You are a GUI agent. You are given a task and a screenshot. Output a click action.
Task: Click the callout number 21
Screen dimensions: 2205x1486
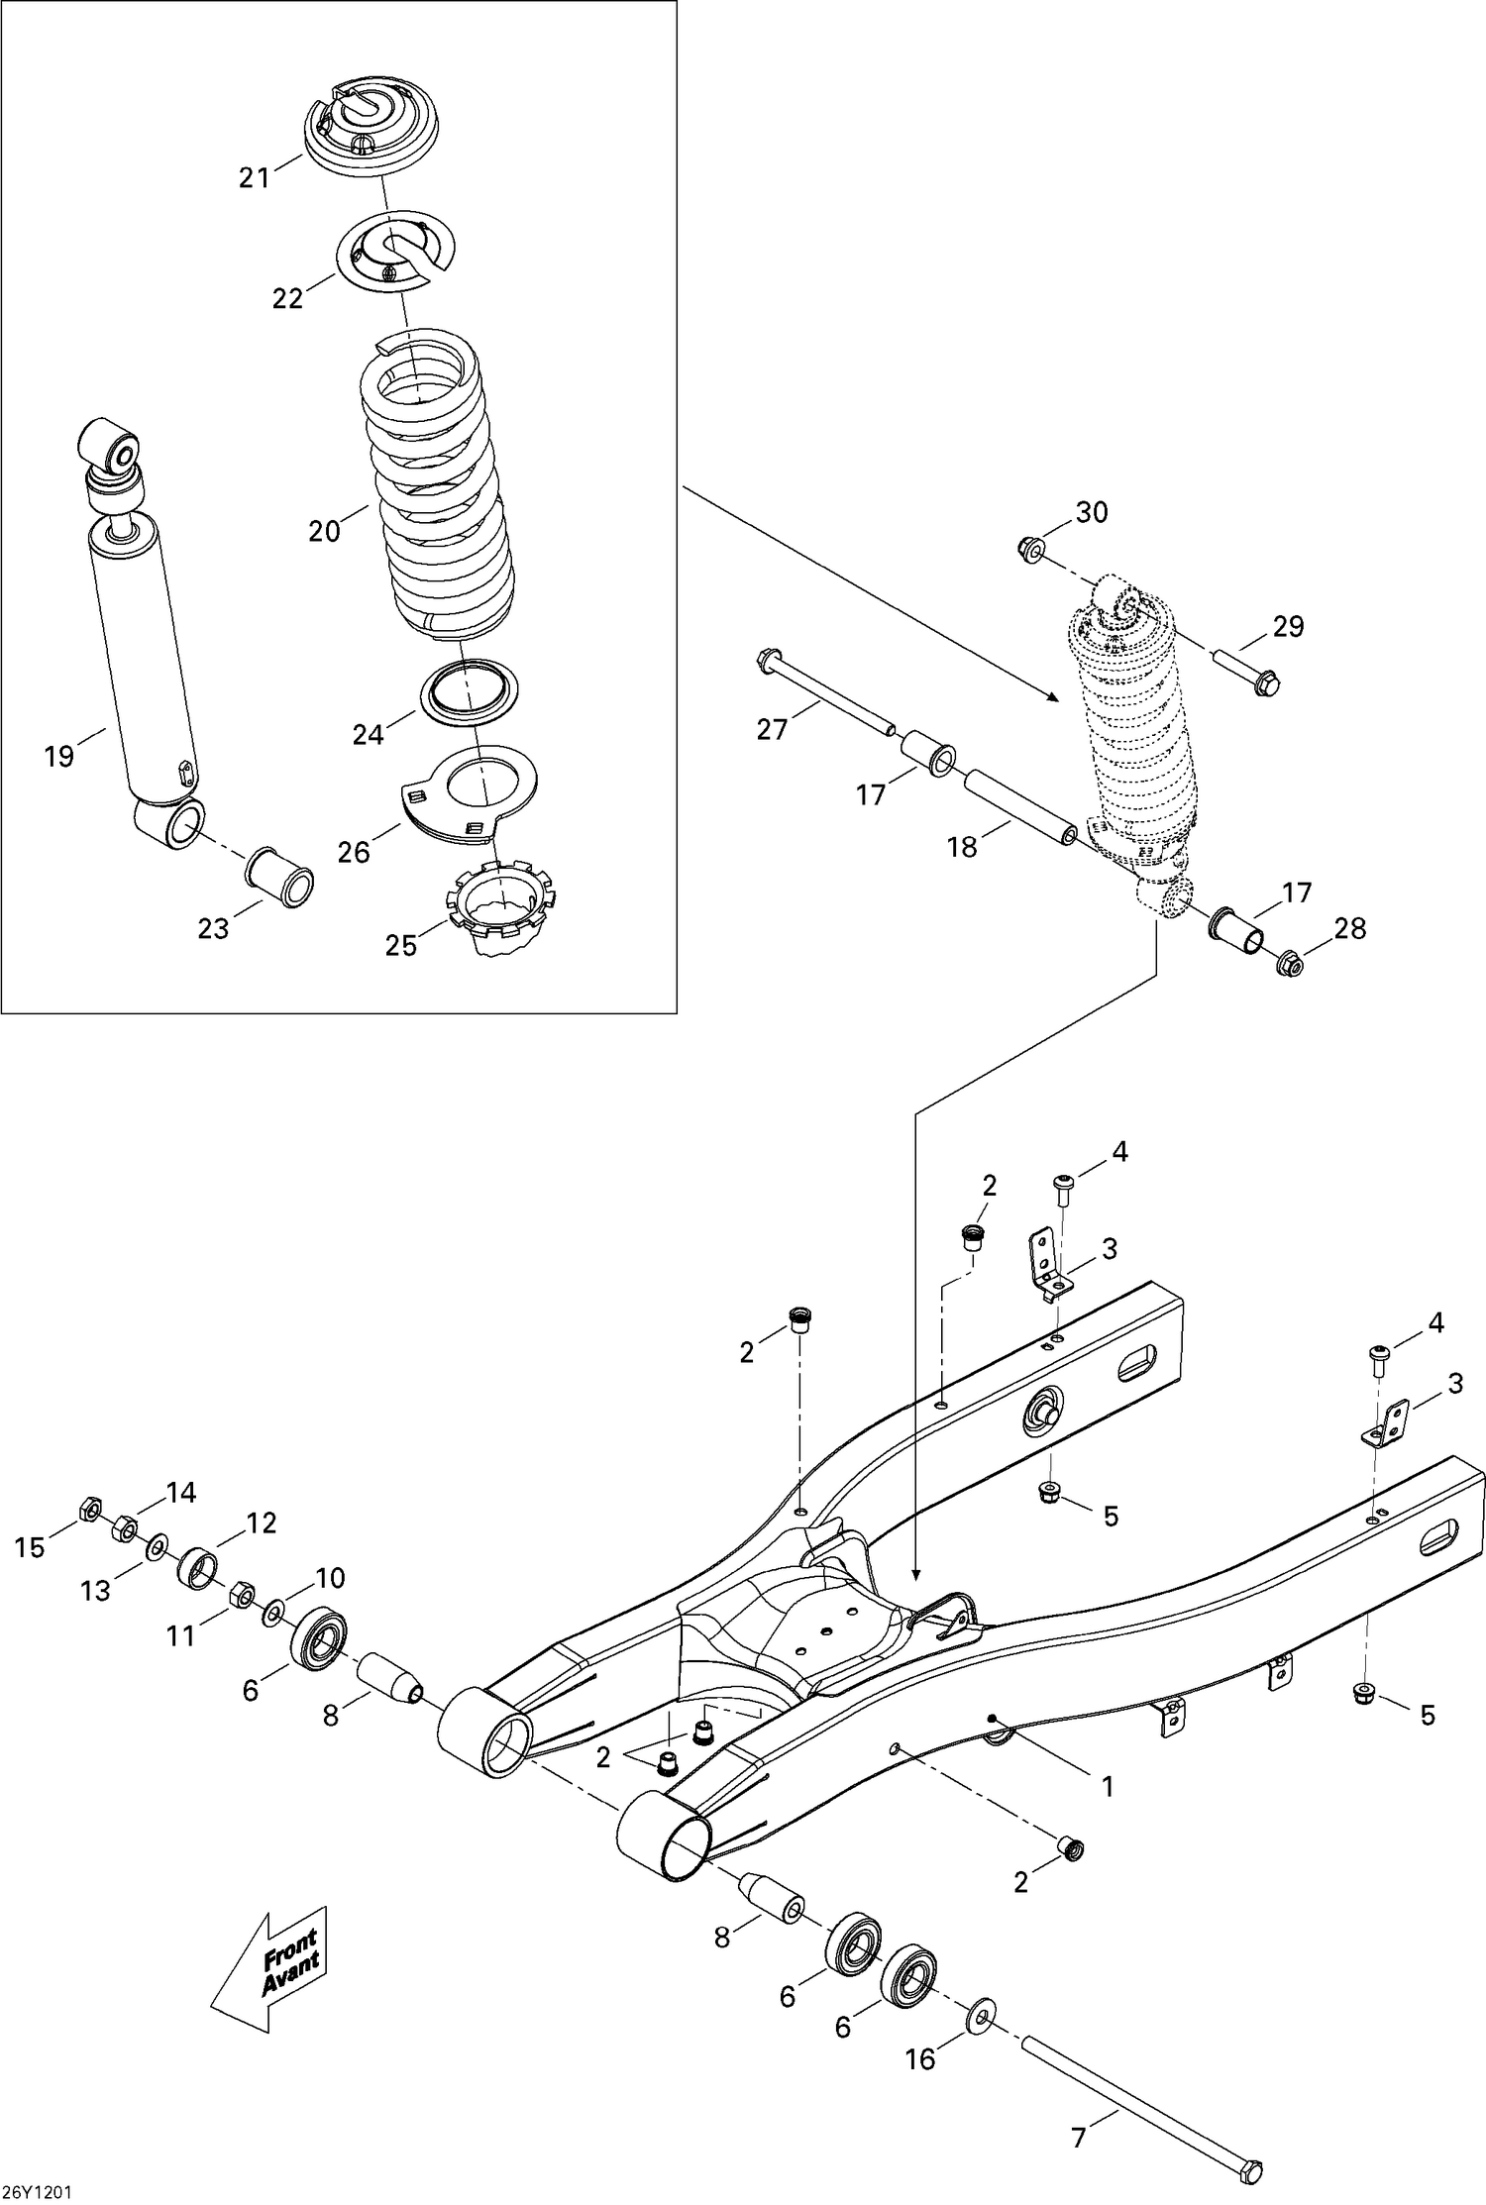pos(254,179)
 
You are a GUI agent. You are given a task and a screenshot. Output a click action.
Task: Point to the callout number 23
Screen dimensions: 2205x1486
pos(213,929)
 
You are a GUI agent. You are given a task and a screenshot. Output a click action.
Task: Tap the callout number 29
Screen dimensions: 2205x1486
pos(1288,626)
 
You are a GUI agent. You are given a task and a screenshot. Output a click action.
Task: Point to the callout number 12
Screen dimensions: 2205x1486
pos(261,1522)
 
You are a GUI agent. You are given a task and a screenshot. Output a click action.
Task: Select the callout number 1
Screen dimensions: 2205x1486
pos(1108,1786)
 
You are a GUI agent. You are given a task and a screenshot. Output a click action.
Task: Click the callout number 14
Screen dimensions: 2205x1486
pos(181,1492)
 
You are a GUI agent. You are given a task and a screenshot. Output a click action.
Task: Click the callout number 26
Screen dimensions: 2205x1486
pos(354,852)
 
